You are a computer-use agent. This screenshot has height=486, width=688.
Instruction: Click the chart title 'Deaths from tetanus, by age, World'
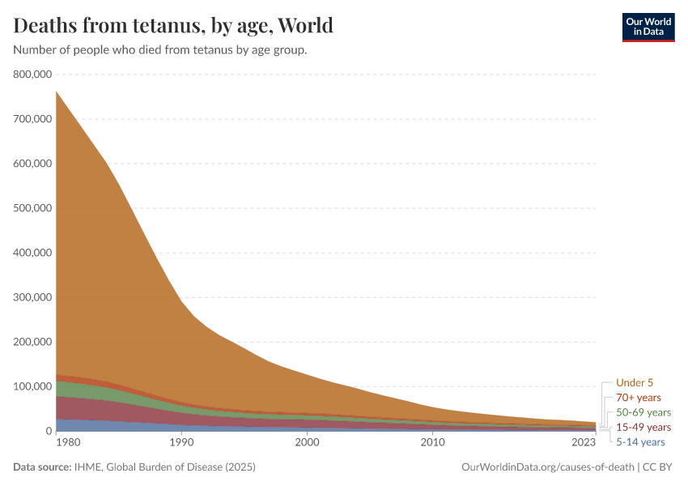pos(173,26)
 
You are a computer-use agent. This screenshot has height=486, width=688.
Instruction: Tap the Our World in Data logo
pos(648,26)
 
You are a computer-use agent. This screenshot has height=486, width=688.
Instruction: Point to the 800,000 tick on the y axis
pos(33,75)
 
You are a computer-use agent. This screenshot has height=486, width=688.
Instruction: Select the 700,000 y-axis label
pos(33,119)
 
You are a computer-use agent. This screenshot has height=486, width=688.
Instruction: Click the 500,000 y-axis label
pos(33,208)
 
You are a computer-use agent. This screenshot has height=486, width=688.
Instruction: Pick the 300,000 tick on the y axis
pos(33,297)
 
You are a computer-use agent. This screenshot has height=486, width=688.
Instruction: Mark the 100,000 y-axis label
pos(33,386)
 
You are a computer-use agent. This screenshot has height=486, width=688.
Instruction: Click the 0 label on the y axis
pos(49,431)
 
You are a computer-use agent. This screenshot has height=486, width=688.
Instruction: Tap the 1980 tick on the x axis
pos(68,443)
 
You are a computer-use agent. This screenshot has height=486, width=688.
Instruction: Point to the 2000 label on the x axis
pos(307,443)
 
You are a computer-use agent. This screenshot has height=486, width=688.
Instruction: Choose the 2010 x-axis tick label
pos(433,443)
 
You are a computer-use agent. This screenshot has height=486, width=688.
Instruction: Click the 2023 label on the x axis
pos(584,443)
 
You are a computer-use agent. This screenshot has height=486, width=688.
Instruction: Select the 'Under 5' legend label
pos(634,382)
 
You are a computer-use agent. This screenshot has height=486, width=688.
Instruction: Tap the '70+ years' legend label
pos(638,398)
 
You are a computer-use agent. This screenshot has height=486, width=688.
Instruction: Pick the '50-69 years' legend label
pos(643,412)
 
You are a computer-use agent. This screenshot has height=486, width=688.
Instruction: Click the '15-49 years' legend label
pos(643,427)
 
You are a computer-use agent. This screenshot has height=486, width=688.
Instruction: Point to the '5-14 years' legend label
pos(640,442)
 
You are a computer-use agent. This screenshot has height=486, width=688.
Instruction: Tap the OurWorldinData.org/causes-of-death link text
pos(547,467)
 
